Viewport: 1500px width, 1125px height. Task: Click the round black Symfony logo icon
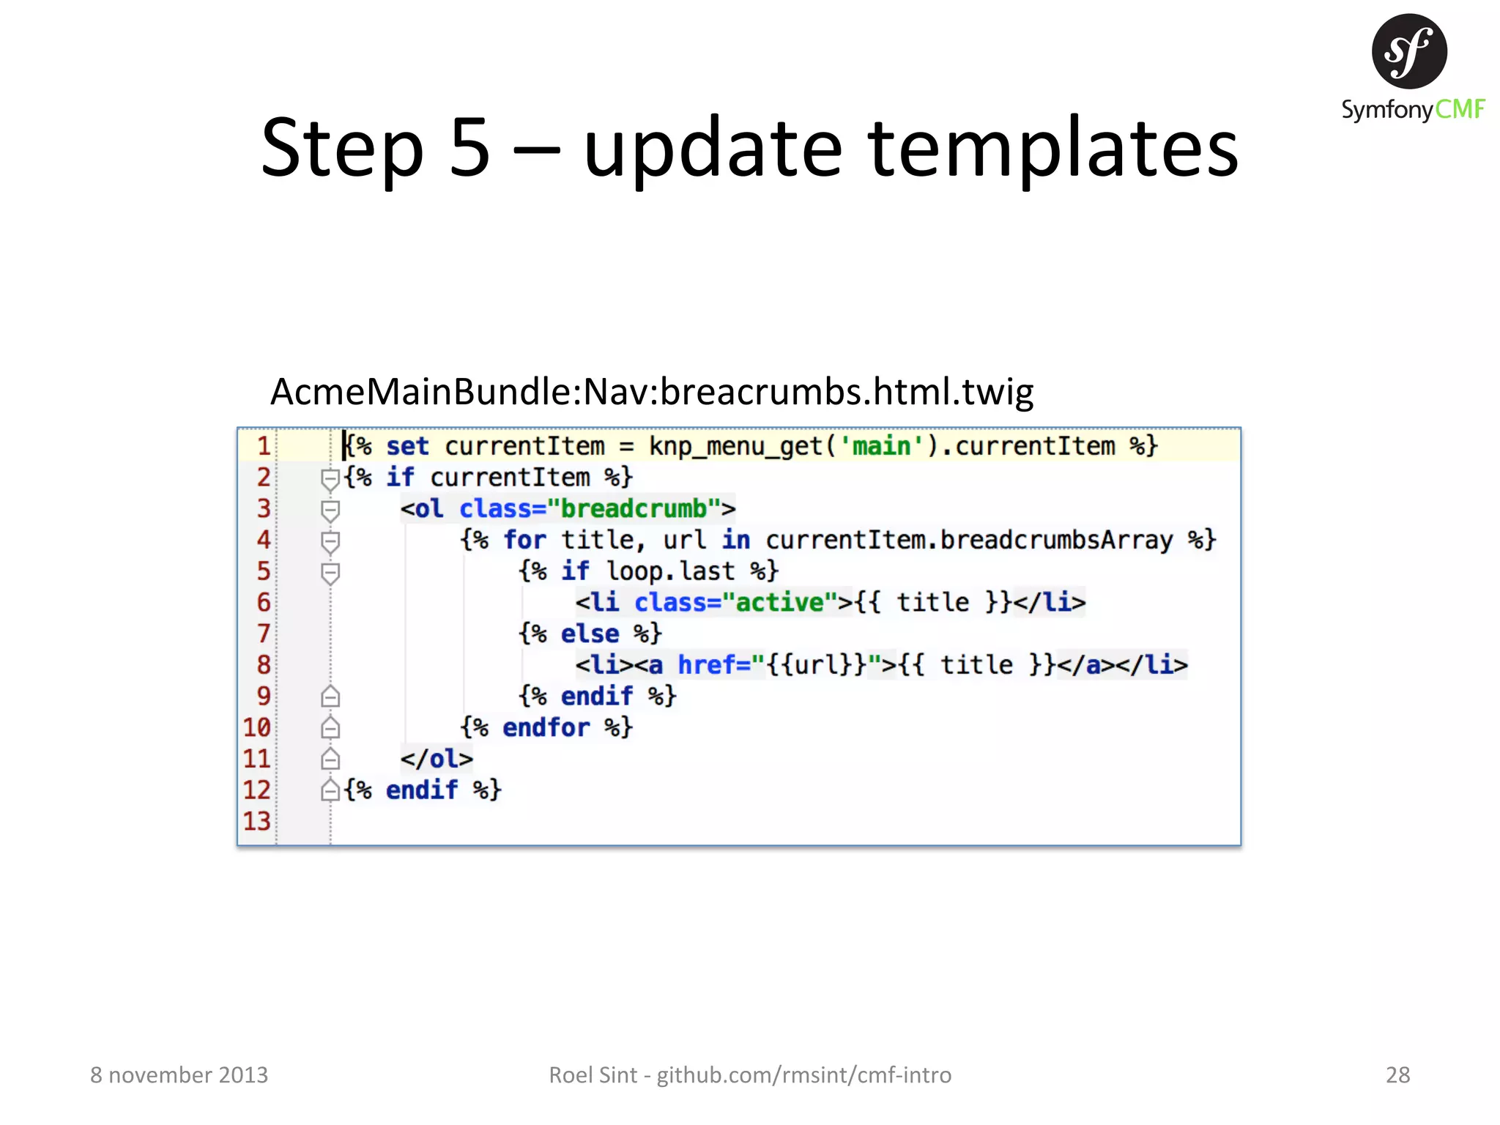(1408, 51)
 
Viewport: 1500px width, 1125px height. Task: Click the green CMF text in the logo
(1459, 110)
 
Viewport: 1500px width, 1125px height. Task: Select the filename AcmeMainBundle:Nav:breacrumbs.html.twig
(651, 392)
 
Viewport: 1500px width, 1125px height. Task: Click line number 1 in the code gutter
(263, 446)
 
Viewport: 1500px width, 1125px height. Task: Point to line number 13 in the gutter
(257, 821)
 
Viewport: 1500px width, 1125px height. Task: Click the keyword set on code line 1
(407, 446)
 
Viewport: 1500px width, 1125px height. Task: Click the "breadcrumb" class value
(634, 508)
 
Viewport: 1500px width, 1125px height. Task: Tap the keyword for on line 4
(524, 540)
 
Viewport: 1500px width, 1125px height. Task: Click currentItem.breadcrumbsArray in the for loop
(968, 540)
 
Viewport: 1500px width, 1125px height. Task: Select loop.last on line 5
(670, 571)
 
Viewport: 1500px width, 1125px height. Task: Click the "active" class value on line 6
(779, 602)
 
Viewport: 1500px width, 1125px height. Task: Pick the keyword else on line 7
(590, 634)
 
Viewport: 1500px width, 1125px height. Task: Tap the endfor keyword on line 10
(546, 727)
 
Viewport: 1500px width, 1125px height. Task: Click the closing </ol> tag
(437, 759)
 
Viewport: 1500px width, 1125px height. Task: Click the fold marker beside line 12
(330, 790)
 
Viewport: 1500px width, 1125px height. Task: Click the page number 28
(1397, 1074)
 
